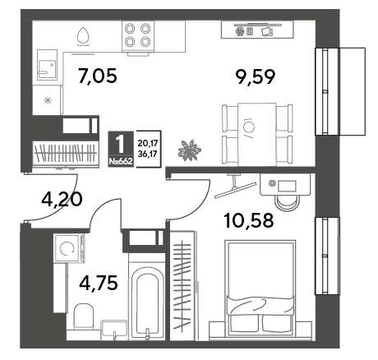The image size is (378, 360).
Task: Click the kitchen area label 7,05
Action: (98, 76)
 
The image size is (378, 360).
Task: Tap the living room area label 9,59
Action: (256, 76)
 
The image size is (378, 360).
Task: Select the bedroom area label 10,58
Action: (249, 221)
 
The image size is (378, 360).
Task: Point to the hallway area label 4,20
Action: (62, 199)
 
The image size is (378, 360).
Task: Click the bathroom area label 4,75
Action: (99, 283)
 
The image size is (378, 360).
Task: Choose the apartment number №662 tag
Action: (121, 161)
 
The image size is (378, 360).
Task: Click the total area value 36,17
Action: (147, 154)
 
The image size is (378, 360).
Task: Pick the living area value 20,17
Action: (147, 143)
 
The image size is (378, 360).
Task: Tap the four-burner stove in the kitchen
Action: (138, 36)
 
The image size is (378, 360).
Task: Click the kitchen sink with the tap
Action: (47, 65)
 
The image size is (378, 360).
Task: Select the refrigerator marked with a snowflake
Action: (48, 100)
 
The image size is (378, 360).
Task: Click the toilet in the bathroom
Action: (84, 316)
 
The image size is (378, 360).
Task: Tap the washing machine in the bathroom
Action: (70, 248)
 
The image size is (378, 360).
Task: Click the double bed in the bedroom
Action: (260, 288)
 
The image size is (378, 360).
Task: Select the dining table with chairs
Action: (257, 135)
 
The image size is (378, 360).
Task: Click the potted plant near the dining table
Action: (190, 150)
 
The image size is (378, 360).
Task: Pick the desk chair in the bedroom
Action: (287, 203)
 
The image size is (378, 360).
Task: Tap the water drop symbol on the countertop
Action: (83, 36)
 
